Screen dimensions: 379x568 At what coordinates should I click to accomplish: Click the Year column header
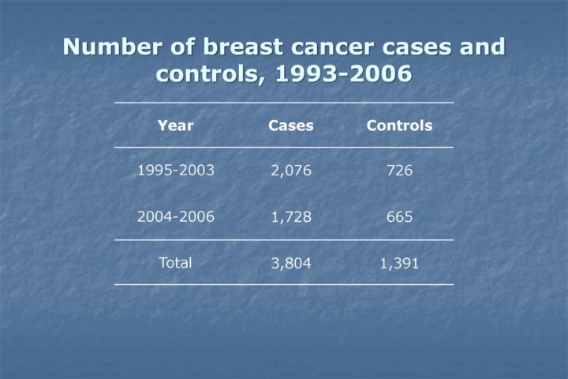click(175, 126)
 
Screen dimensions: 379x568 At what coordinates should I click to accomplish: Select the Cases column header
click(290, 126)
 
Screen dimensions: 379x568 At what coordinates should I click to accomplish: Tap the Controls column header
click(399, 126)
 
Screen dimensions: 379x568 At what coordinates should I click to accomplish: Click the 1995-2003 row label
click(175, 171)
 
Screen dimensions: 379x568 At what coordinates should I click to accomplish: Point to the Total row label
click(175, 263)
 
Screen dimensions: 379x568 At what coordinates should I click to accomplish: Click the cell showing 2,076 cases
click(290, 171)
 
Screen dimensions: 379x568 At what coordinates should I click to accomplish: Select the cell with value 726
click(399, 171)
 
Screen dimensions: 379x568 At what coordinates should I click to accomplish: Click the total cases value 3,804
click(290, 264)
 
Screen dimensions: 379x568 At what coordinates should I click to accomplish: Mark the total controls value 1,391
click(399, 264)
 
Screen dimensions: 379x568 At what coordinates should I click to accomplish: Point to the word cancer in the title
click(327, 47)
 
